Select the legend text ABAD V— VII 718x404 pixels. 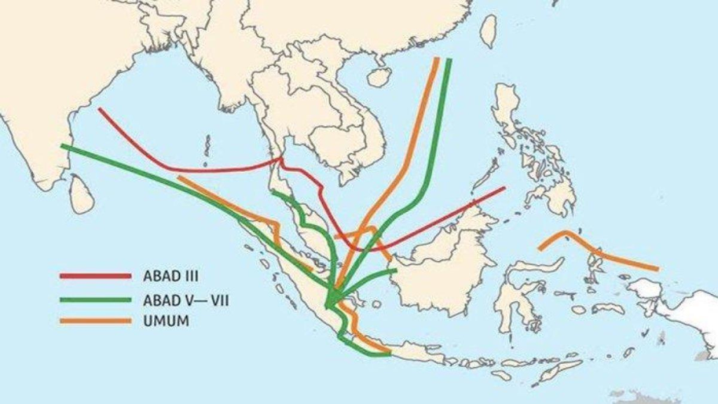[x=186, y=299]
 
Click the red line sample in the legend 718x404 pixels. [x=95, y=276]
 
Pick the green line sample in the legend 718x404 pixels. [x=95, y=299]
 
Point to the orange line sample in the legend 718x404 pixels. [x=95, y=322]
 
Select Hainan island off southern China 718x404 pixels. [x=379, y=76]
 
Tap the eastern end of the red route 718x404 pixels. [x=503, y=188]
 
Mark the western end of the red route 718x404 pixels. [x=100, y=109]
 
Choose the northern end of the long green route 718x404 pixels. [x=448, y=61]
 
